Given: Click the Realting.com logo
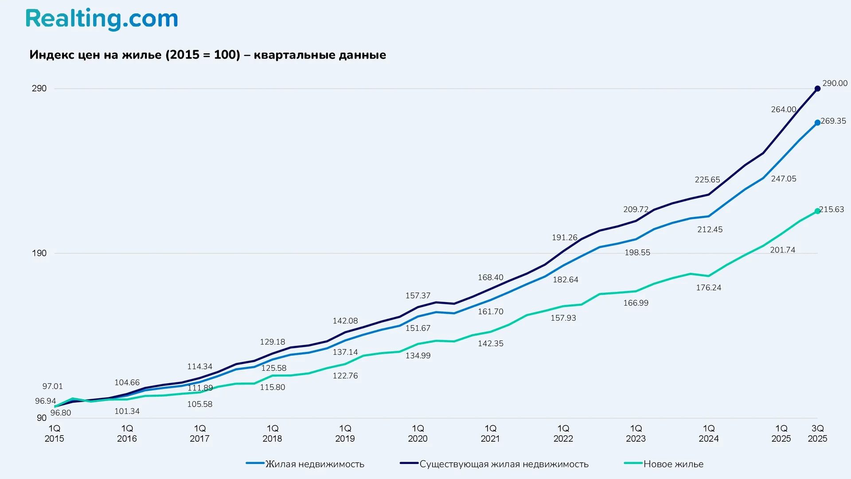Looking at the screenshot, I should click(101, 19).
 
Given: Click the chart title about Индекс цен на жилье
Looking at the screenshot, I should click(207, 55).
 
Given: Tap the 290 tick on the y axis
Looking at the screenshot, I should click(39, 88).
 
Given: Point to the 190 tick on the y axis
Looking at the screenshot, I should click(39, 253).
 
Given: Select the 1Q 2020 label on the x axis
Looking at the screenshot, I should click(418, 433).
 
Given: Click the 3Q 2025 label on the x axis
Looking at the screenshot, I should click(817, 433).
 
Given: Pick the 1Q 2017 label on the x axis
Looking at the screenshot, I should click(199, 433).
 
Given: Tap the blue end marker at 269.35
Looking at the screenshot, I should click(817, 122).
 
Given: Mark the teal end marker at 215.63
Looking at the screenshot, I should click(817, 211).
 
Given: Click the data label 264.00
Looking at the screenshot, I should click(783, 110).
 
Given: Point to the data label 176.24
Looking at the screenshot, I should click(708, 288).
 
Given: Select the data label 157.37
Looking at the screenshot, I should click(418, 296).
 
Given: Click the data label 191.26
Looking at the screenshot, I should click(564, 238).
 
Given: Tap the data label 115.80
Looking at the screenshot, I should click(272, 387).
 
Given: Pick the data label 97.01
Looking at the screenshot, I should click(52, 386).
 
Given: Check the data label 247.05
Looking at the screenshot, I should click(783, 179).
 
